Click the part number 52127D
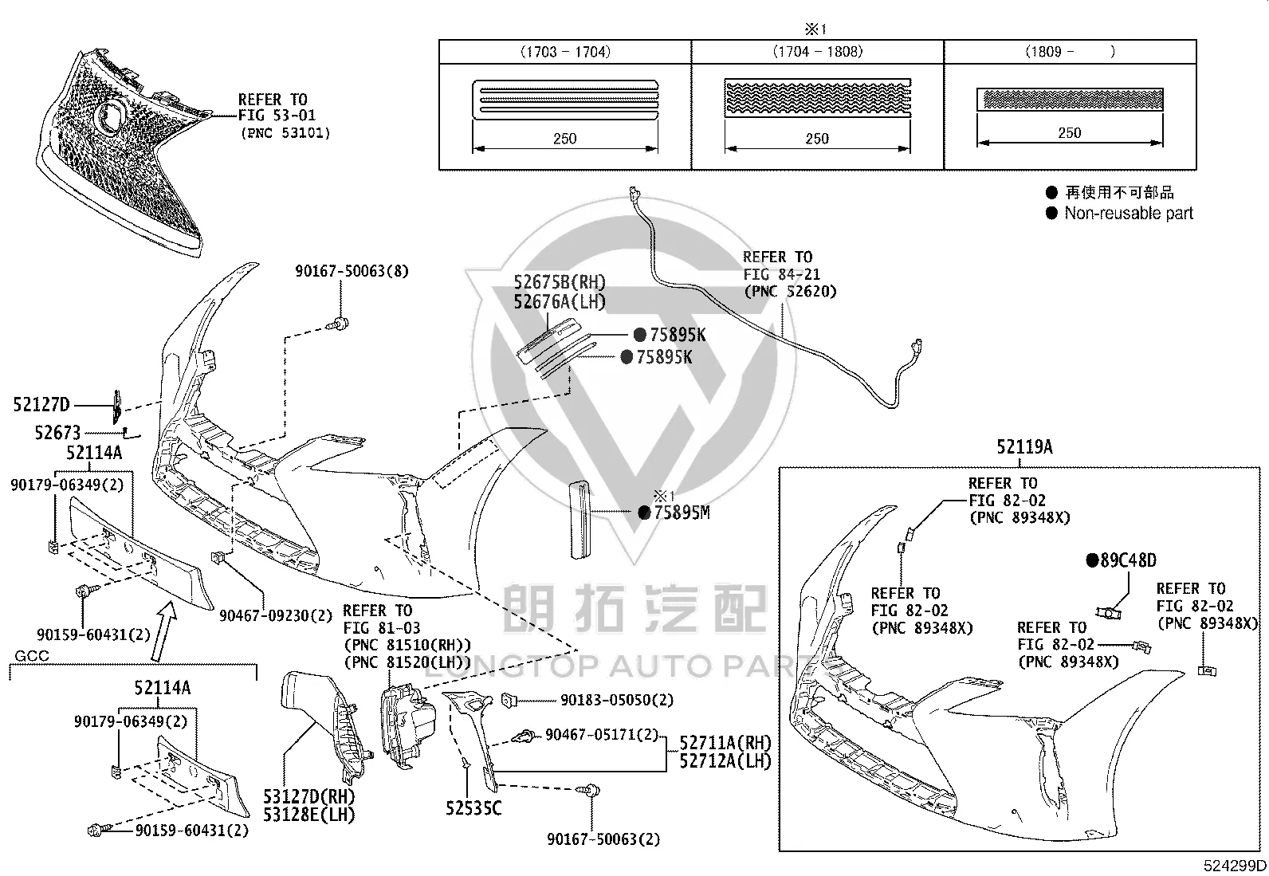(41, 405)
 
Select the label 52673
(57, 433)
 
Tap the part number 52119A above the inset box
(1024, 447)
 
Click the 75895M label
(682, 513)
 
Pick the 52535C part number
(473, 808)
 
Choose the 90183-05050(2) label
(617, 701)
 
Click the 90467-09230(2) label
(276, 615)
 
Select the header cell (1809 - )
(1071, 52)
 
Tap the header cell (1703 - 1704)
(565, 52)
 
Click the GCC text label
(32, 655)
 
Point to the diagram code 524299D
(1235, 865)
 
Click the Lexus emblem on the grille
(109, 116)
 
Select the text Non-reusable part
(1129, 213)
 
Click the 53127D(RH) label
(308, 796)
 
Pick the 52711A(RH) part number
(725, 742)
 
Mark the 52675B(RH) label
(560, 282)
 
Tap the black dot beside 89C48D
(1093, 560)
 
